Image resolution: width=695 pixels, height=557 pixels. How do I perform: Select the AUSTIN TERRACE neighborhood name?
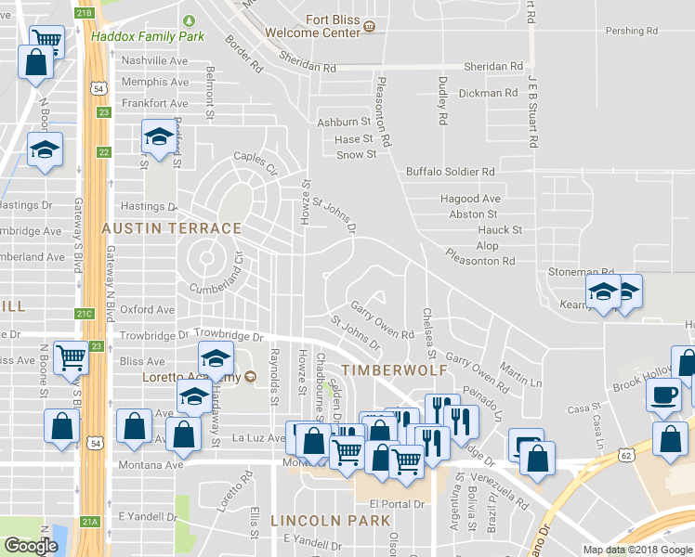(172, 228)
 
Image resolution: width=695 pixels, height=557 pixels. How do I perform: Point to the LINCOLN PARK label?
(330, 521)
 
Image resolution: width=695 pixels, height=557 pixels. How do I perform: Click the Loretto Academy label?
(191, 377)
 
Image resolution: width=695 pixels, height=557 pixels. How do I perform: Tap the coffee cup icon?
(664, 394)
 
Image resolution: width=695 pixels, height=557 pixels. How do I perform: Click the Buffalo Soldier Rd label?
(450, 172)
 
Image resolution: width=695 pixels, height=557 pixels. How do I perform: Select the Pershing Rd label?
(631, 31)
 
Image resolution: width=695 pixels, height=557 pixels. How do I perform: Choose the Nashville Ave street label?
(149, 60)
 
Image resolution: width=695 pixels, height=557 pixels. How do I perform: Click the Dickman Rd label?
(488, 93)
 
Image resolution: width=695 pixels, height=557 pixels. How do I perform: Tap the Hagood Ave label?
(470, 199)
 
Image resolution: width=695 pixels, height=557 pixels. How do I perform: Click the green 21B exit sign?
(85, 13)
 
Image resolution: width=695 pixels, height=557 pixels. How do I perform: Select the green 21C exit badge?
(85, 314)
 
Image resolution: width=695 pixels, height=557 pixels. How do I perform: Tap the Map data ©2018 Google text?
(638, 550)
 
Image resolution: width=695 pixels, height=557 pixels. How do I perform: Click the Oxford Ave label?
(147, 309)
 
